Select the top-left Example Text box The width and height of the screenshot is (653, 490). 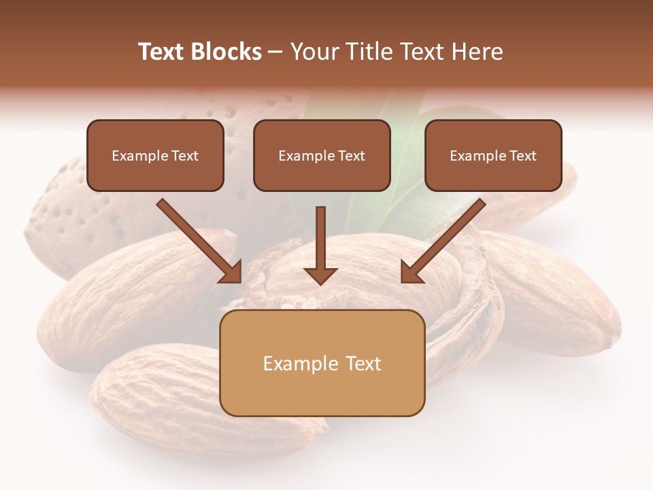(155, 156)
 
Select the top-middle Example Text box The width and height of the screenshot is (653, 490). (322, 156)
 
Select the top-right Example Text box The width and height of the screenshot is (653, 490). (493, 156)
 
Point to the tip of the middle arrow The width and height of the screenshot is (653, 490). (320, 282)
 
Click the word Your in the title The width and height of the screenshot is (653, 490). (316, 52)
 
